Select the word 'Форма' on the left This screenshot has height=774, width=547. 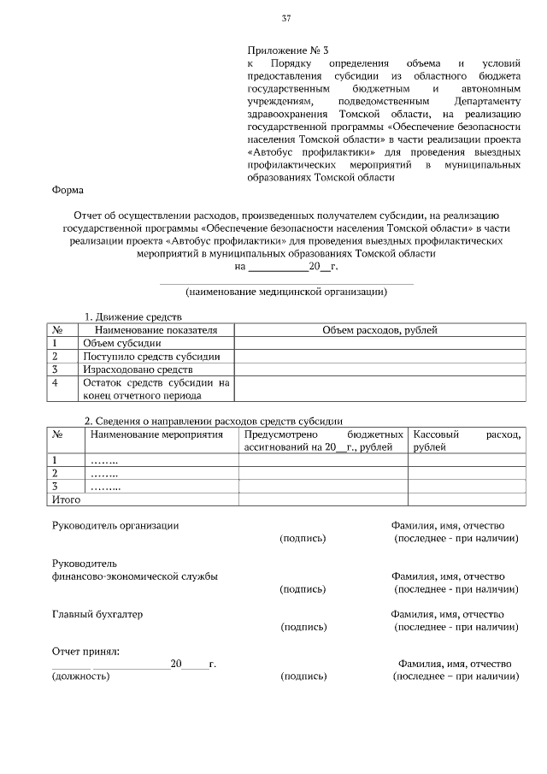68,191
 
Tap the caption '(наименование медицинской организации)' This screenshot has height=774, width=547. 287,292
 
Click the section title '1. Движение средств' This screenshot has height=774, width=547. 132,317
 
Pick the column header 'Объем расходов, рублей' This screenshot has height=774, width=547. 379,330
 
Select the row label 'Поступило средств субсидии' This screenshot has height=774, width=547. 151,356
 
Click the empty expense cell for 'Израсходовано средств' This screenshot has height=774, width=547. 379,369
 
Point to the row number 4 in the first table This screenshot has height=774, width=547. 56,383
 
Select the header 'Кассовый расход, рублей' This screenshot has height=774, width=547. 466,440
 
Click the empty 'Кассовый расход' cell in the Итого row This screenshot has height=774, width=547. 466,499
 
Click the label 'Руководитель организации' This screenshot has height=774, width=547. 115,525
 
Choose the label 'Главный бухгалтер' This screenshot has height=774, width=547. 97,614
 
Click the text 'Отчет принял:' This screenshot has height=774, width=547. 85,652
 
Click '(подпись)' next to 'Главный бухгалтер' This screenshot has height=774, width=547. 303,628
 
